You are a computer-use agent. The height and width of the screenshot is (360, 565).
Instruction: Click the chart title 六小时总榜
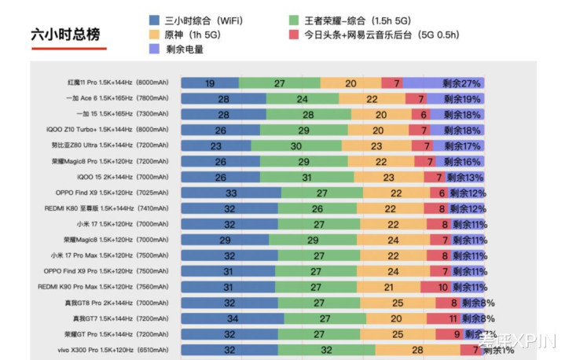(x=65, y=35)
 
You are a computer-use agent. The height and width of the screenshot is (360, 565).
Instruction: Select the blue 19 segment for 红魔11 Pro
(x=210, y=83)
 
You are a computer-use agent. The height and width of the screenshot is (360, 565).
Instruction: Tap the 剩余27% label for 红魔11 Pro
(x=461, y=83)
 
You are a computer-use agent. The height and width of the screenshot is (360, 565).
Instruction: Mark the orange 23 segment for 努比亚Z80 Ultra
(x=376, y=146)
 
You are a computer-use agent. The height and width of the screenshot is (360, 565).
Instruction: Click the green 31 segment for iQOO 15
(x=306, y=178)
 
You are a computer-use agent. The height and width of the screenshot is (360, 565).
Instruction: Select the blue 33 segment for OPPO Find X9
(x=231, y=193)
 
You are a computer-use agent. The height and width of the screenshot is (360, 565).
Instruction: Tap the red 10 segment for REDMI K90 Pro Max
(x=442, y=288)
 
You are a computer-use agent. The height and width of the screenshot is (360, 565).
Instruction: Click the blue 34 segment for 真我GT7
(x=233, y=319)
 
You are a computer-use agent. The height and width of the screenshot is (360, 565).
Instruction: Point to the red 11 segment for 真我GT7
(x=453, y=319)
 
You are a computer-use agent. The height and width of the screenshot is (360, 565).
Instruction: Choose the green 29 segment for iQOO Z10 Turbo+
(x=304, y=130)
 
